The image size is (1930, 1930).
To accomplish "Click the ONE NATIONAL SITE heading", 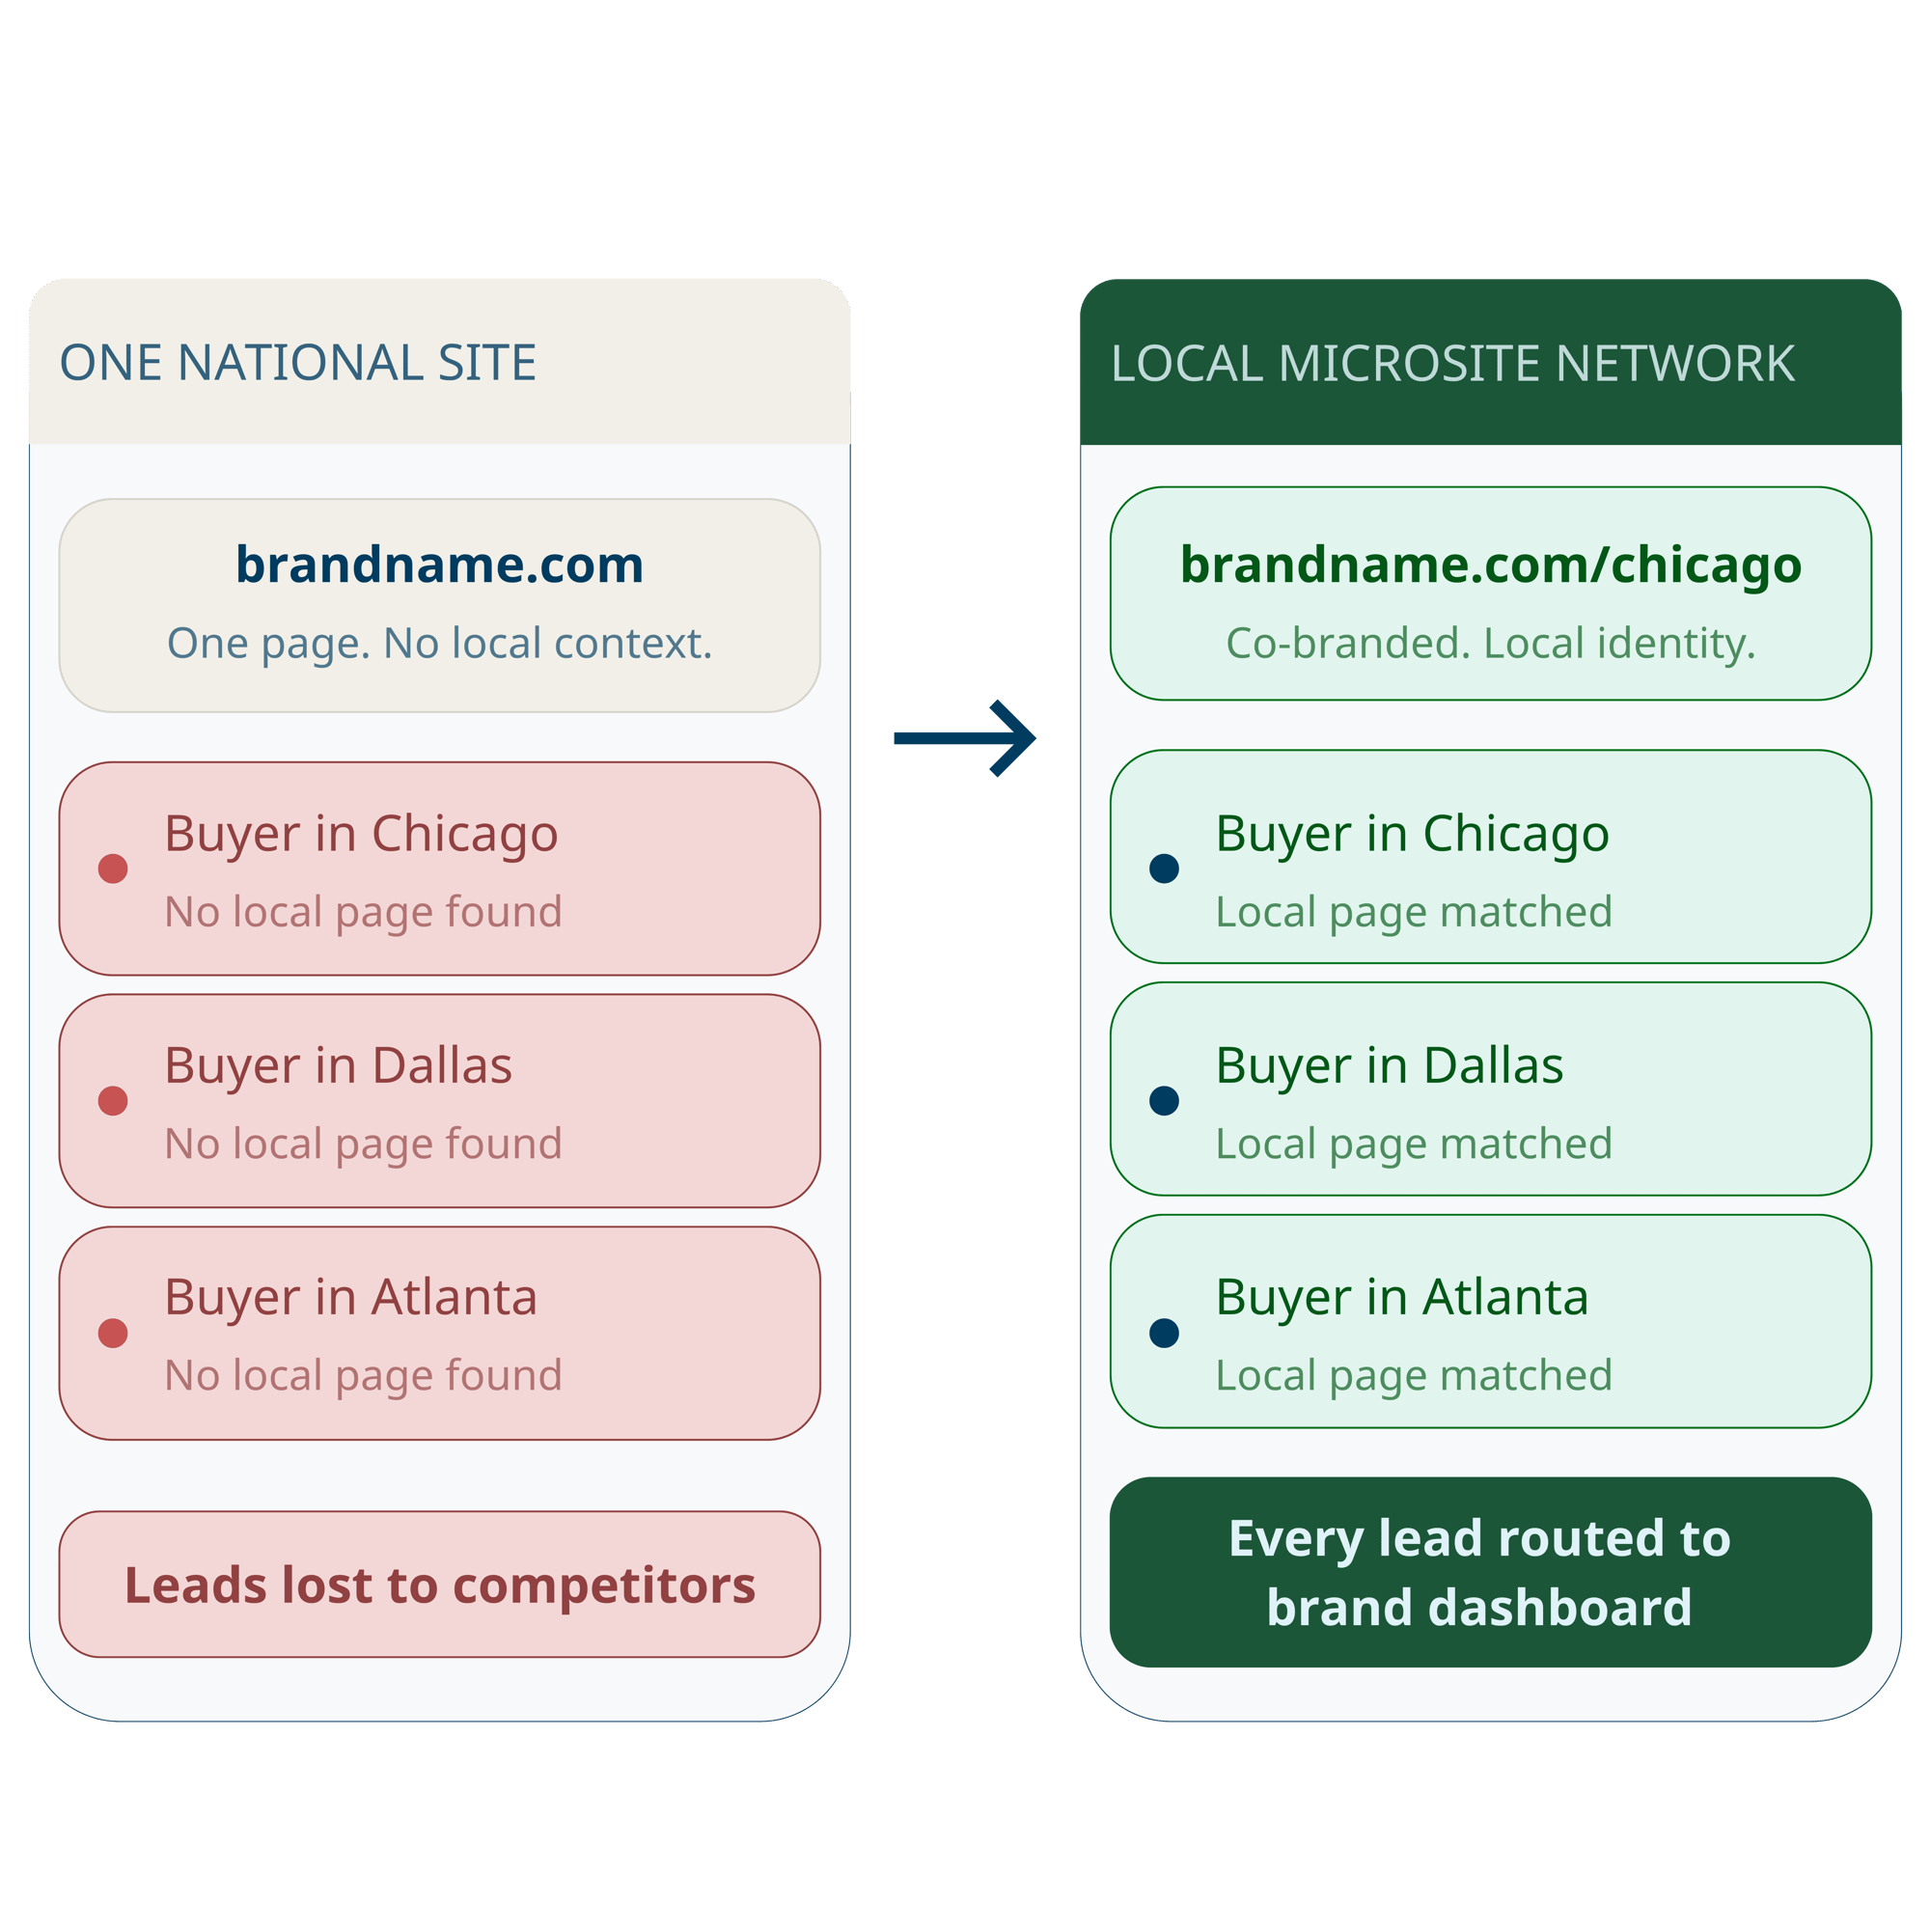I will pos(297,363).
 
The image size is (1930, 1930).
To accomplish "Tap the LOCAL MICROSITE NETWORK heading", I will pos(1452,364).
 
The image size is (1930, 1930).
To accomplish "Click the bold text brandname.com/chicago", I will pos(1491,565).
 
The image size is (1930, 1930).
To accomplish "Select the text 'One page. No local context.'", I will pos(439,644).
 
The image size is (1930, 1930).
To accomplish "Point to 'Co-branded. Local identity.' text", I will pos(1491,644).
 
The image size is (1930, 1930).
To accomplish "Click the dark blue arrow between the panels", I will pos(965,738).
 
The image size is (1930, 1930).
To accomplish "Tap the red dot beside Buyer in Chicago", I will pos(113,868).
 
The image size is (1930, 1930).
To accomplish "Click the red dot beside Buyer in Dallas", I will pos(113,1101).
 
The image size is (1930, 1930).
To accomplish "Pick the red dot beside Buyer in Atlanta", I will pos(113,1333).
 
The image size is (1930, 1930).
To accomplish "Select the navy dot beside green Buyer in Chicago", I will pos(1164,868).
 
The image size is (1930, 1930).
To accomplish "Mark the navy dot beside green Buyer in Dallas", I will pos(1164,1101).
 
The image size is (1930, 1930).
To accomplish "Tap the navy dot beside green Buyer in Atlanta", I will pos(1164,1333).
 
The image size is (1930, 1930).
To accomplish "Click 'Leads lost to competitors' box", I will pos(439,1585).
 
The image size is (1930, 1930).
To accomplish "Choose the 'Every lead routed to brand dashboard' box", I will pos(1491,1572).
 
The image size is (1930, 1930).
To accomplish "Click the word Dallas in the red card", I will pos(442,1066).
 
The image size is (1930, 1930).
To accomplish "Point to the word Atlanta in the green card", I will pos(1505,1298).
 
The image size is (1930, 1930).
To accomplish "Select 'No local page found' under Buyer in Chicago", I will pos(364,912).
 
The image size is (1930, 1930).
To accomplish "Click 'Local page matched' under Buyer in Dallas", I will pos(1414,1144).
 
